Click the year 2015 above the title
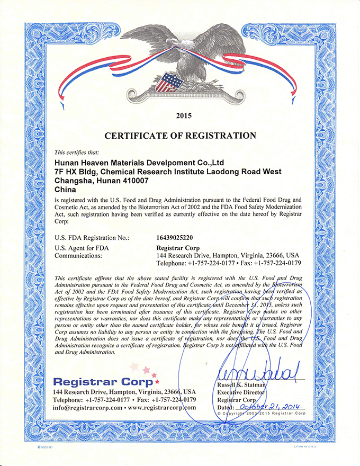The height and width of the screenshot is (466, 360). (180, 115)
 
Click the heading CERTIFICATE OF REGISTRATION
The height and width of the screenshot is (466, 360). (180, 136)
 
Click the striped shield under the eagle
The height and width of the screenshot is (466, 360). (170, 83)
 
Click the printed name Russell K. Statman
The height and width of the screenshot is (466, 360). (244, 384)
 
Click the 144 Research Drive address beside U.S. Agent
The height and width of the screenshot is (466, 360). (228, 255)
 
